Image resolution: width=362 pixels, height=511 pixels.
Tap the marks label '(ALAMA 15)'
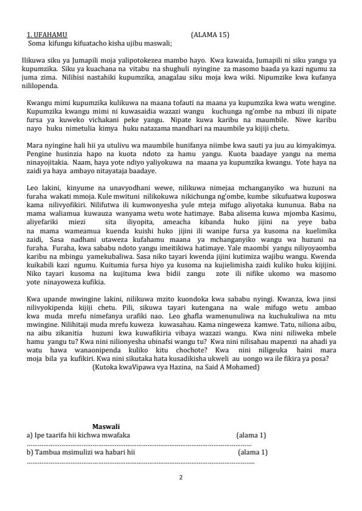coord(209,35)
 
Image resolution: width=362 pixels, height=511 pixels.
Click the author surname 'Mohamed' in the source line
coord(242,368)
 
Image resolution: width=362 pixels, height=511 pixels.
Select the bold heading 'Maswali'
coord(106,427)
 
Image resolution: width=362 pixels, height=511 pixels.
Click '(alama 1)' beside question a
coord(251,435)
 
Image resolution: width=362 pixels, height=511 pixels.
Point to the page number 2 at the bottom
coord(181,478)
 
